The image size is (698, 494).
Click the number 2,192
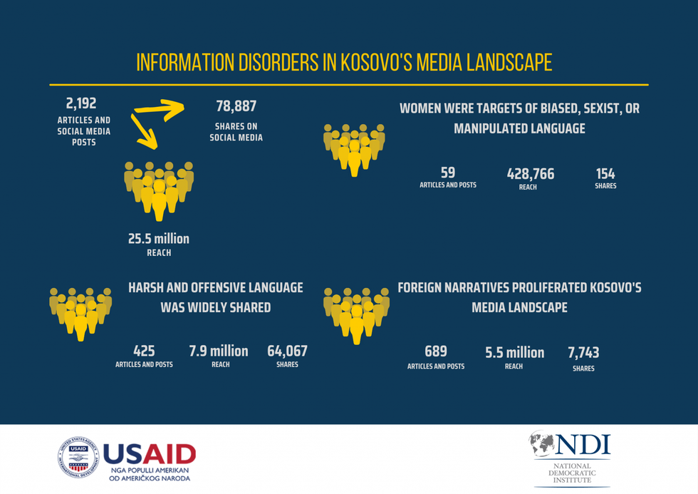coord(80,104)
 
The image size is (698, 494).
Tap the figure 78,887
coord(236,106)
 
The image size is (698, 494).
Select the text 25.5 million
coord(159,239)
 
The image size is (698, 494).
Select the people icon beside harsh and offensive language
coord(80,312)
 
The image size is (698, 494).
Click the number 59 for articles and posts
coord(447,173)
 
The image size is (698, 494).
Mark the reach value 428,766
coord(530,174)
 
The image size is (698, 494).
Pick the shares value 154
coord(605,174)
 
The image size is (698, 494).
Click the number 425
coord(144,351)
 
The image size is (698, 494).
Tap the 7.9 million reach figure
coord(219,351)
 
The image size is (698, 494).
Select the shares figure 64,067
coord(287,351)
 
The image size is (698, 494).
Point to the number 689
coord(435,351)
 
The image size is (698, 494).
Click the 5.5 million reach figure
coord(514,352)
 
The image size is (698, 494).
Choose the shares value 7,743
coord(583,353)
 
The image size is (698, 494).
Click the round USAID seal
coord(78,457)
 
